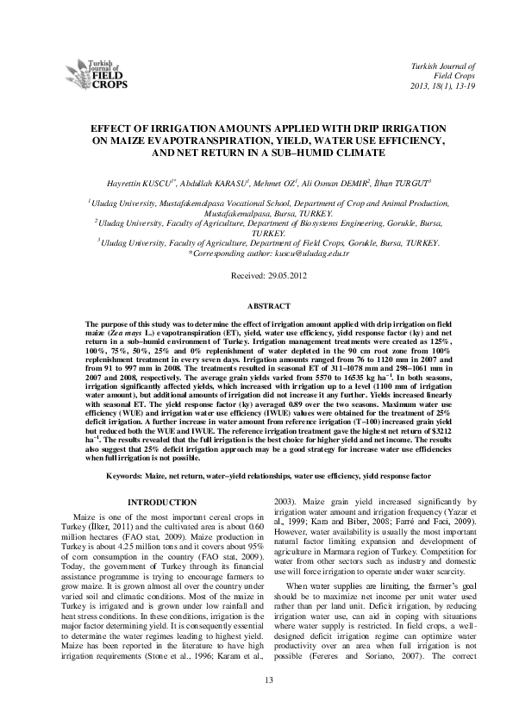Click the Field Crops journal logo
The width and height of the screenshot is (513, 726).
97,76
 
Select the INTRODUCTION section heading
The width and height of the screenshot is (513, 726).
162,502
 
